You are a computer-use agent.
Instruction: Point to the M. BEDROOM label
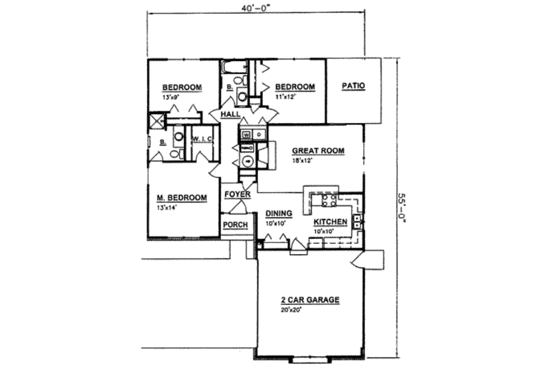[181, 198]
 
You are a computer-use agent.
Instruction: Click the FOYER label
[237, 196]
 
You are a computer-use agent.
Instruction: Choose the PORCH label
[235, 225]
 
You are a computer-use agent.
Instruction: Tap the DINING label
[279, 214]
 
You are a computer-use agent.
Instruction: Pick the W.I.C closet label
[203, 139]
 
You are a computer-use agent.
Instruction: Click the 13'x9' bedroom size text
[171, 98]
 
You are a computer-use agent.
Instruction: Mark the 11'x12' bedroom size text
[284, 98]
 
